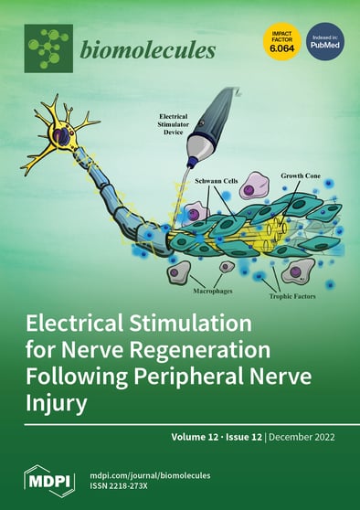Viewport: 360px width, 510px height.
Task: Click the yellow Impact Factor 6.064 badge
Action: tap(281, 42)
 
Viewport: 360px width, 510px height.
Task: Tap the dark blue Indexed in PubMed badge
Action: tap(324, 42)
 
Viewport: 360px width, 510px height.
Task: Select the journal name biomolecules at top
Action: tap(148, 49)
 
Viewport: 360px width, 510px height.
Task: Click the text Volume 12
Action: tap(196, 437)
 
